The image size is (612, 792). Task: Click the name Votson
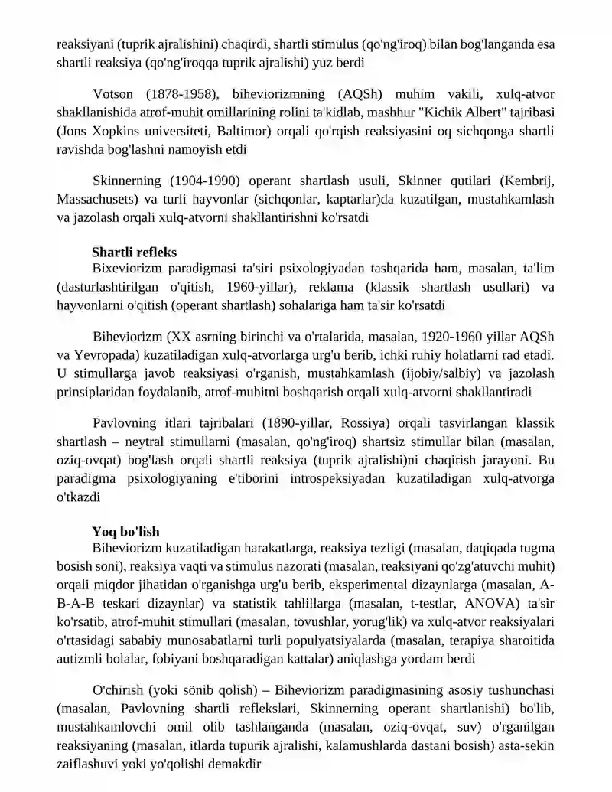[x=113, y=94]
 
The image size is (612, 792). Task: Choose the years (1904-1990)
[x=203, y=181]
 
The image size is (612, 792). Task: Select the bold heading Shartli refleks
[x=134, y=251]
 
